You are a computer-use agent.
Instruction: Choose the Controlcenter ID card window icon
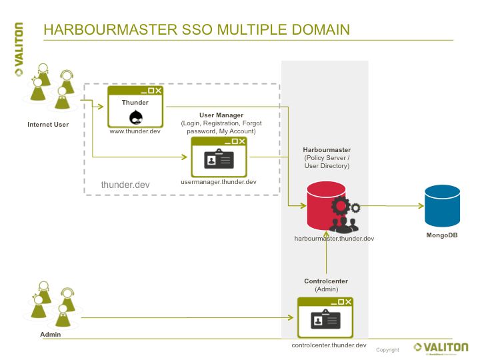325,319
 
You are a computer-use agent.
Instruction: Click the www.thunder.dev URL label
135,132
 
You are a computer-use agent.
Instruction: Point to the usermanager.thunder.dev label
219,182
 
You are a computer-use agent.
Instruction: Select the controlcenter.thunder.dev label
329,345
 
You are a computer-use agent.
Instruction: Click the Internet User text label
48,125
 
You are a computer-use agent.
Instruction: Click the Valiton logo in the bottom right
441,347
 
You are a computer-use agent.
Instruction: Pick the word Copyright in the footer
387,350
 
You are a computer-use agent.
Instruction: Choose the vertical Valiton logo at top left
19,51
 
